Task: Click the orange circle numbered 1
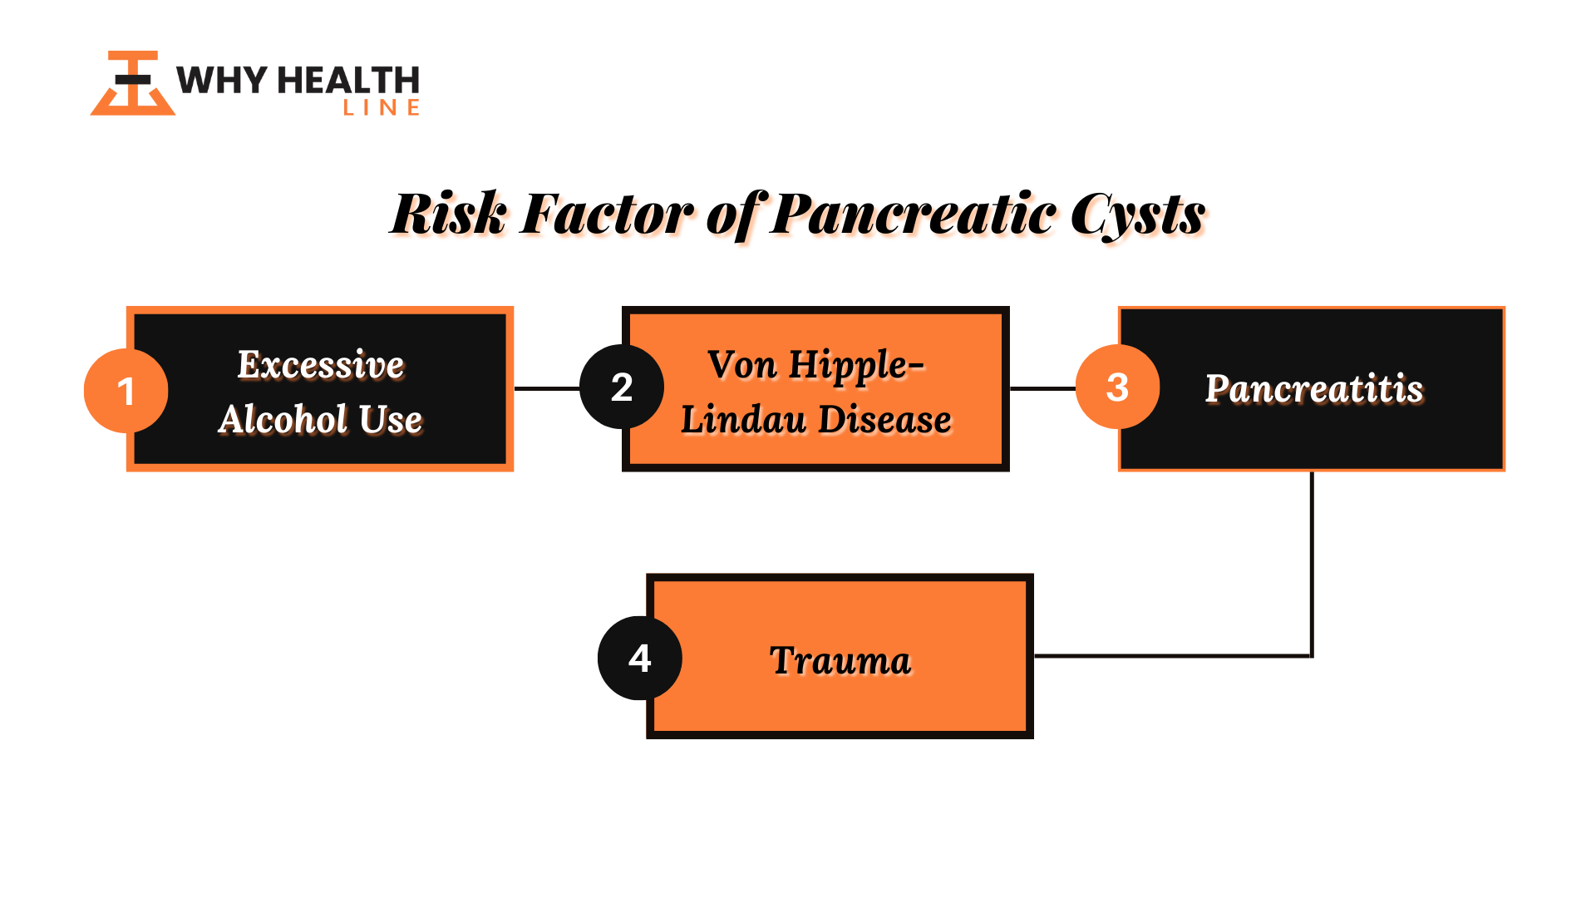pyautogui.click(x=126, y=391)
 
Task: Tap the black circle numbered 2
pyautogui.click(x=622, y=387)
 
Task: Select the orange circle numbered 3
pyautogui.click(x=1118, y=387)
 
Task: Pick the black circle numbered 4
pyautogui.click(x=640, y=658)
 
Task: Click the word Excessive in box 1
pyautogui.click(x=321, y=364)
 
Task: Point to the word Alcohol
pyautogui.click(x=283, y=418)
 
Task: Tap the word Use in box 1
pyautogui.click(x=391, y=419)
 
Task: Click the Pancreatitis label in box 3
pyautogui.click(x=1314, y=389)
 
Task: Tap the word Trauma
pyautogui.click(x=840, y=660)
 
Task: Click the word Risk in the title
pyautogui.click(x=449, y=214)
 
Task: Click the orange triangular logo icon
pyautogui.click(x=133, y=83)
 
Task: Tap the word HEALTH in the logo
pyautogui.click(x=348, y=81)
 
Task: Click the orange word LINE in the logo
pyautogui.click(x=382, y=107)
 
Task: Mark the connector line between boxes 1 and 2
pyautogui.click(x=547, y=388)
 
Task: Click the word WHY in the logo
pyautogui.click(x=222, y=81)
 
